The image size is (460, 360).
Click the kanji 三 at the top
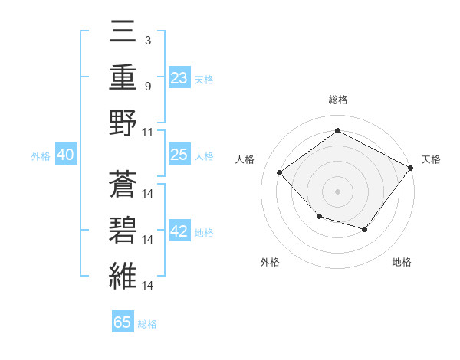123,33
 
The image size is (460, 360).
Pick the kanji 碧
123,228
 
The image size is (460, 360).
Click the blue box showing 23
179,77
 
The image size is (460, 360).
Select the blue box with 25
179,155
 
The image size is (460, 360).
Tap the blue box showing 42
179,232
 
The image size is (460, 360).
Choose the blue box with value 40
65,155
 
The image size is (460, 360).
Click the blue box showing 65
122,322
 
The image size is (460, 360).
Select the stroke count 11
148,131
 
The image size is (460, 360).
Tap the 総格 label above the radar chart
337,100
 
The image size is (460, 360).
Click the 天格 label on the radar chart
432,159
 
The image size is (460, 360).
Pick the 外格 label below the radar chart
270,263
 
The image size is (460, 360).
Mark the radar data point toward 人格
280,172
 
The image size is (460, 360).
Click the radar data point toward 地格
365,229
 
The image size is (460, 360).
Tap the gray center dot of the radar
337,191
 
